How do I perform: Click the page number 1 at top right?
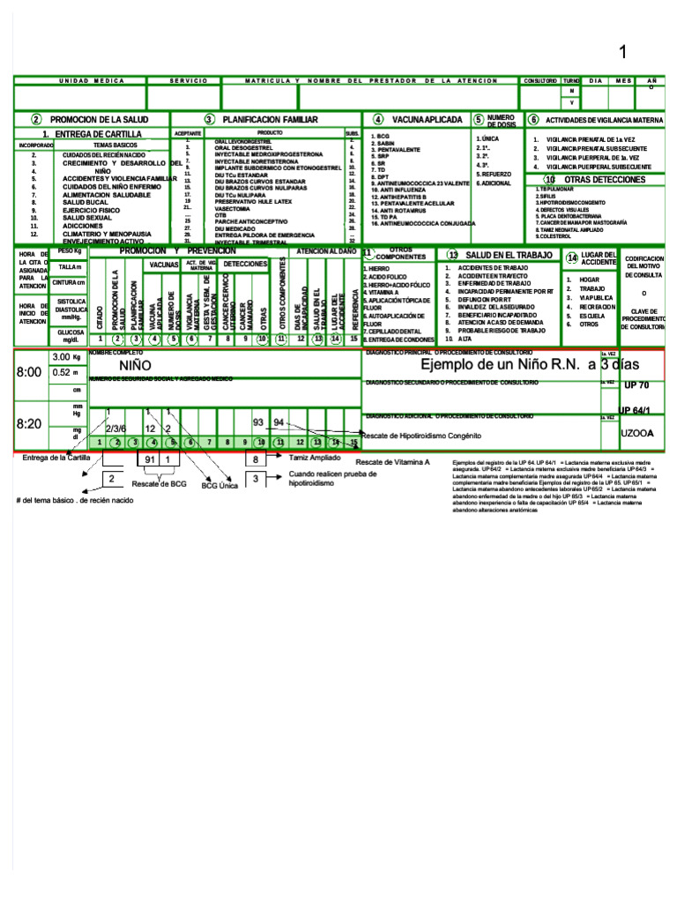[x=622, y=53]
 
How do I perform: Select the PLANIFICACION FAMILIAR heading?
[x=270, y=119]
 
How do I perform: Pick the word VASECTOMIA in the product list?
[x=233, y=208]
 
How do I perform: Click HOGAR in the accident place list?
[x=590, y=279]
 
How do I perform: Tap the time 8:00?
[x=29, y=372]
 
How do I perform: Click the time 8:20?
[x=29, y=424]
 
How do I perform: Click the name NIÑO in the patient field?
[x=134, y=365]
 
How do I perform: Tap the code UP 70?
[x=636, y=385]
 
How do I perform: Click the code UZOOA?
[x=636, y=433]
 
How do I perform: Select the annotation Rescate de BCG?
[x=160, y=483]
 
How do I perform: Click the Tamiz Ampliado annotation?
[x=315, y=458]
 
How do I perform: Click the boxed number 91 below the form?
[x=149, y=459]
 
